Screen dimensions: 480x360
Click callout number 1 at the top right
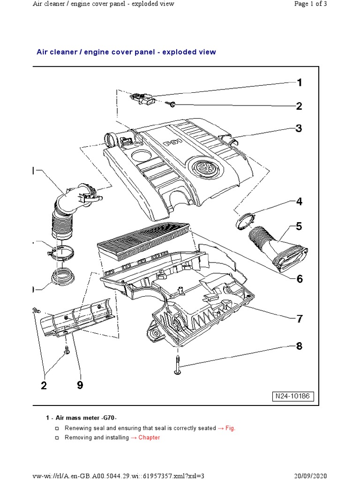click(299, 83)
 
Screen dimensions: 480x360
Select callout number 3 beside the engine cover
click(299, 128)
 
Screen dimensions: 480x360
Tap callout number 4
click(299, 202)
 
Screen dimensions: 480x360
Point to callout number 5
click(299, 227)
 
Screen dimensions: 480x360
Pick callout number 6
click(299, 279)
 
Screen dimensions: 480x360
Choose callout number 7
click(299, 319)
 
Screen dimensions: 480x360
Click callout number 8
click(299, 347)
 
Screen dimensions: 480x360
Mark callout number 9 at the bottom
click(80, 385)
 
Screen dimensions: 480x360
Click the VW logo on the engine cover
click(203, 167)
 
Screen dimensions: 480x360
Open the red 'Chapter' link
click(149, 437)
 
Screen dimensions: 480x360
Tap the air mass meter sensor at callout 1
click(142, 99)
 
